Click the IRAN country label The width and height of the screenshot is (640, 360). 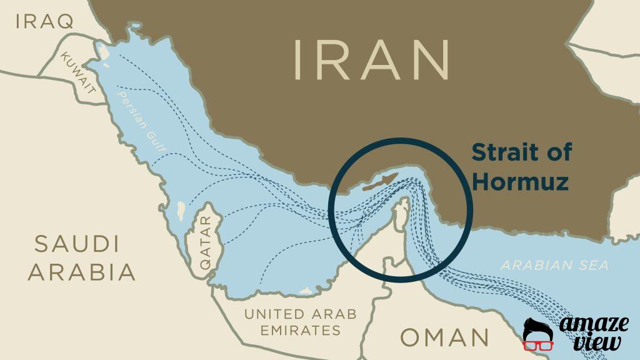tap(372, 60)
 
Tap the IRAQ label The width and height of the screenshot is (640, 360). tap(44, 21)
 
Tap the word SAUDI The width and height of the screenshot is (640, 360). tap(77, 244)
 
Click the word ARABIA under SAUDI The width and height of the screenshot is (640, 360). tap(81, 272)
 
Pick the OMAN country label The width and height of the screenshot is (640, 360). tap(444, 337)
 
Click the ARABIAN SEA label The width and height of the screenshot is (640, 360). tap(554, 265)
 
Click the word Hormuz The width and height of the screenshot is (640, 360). tap(520, 182)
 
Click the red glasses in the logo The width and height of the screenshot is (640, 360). tap(538, 344)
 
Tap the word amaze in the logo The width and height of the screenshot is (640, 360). tap(593, 325)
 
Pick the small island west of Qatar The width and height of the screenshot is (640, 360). tap(181, 211)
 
